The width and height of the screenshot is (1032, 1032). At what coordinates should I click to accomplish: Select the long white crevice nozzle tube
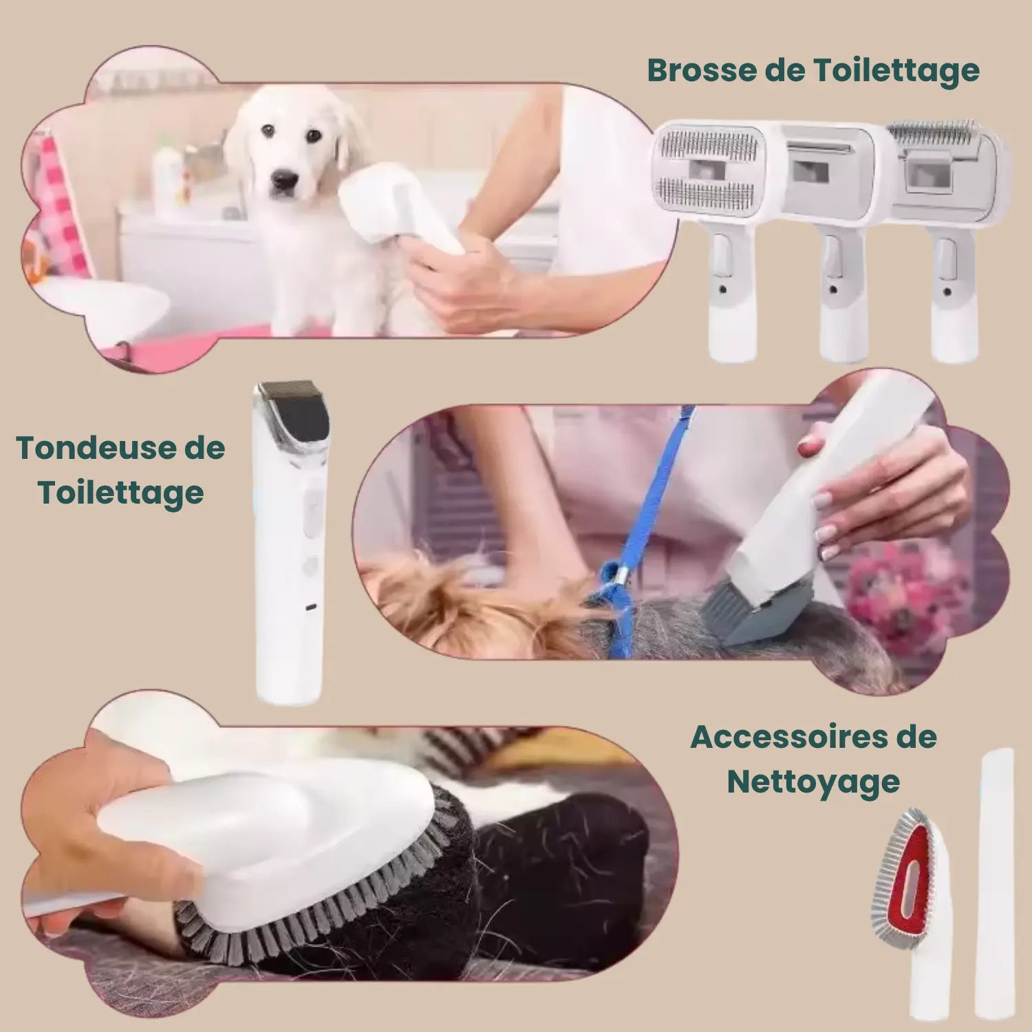tap(996, 881)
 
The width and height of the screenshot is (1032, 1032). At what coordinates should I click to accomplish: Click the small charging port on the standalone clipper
tap(311, 608)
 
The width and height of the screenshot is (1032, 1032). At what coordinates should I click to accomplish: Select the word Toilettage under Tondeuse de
tap(121, 493)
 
